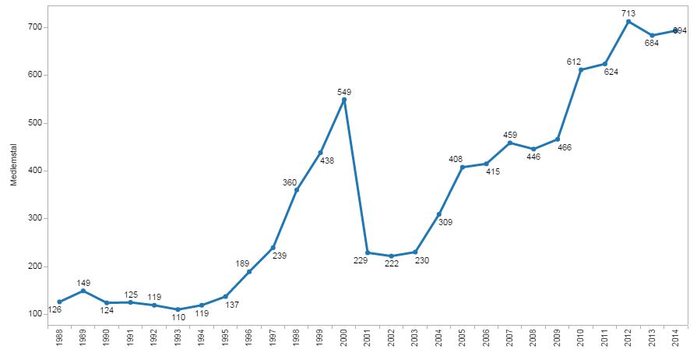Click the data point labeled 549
click(344, 100)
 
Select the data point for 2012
click(628, 21)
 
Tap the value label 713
click(628, 12)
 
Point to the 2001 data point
click(368, 252)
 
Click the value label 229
click(360, 261)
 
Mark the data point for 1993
click(178, 309)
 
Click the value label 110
click(178, 319)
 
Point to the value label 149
click(84, 282)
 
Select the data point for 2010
click(581, 69)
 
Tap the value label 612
click(575, 61)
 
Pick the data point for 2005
click(463, 167)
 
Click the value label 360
click(290, 182)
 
